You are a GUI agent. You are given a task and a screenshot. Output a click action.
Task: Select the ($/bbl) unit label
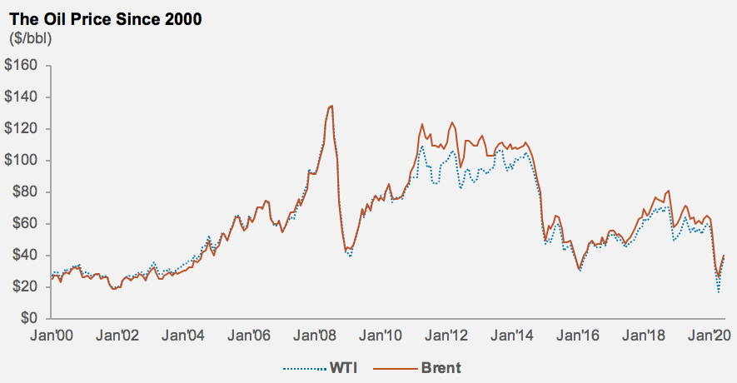(x=29, y=38)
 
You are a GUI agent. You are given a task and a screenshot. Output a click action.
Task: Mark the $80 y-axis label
(x=26, y=192)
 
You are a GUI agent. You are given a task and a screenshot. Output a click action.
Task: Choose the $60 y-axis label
(x=26, y=224)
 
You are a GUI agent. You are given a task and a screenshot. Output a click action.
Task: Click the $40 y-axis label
(x=26, y=256)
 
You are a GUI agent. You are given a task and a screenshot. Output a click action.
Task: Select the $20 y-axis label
(x=26, y=287)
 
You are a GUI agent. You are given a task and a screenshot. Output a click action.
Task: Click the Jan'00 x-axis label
(x=51, y=336)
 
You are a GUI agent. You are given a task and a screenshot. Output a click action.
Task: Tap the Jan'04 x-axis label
(x=183, y=336)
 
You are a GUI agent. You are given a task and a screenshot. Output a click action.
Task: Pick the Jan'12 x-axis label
(x=448, y=336)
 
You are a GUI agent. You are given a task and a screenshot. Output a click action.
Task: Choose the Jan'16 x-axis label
(x=580, y=336)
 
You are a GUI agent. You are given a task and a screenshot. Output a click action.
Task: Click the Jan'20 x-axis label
(x=710, y=336)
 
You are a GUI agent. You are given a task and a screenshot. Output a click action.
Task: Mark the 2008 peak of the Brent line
(x=331, y=106)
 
